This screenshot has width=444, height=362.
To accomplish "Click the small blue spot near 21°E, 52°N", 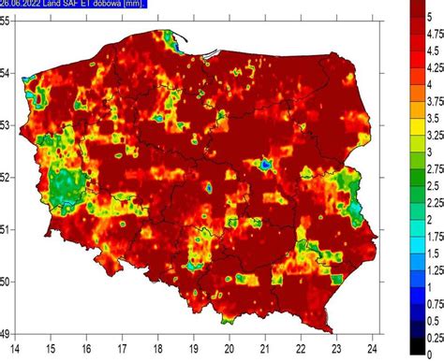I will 266,165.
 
